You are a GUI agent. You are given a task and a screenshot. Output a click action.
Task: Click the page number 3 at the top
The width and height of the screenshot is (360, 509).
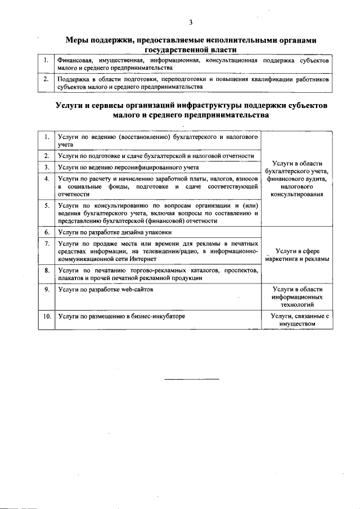pyautogui.click(x=191, y=22)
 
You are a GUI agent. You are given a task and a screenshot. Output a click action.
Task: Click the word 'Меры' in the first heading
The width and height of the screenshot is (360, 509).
pyautogui.click(x=79, y=40)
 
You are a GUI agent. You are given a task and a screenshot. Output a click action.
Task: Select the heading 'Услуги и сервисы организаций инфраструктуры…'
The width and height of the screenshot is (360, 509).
pyautogui.click(x=191, y=110)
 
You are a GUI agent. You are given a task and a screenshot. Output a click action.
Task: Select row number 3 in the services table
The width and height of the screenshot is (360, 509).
pyautogui.click(x=46, y=167)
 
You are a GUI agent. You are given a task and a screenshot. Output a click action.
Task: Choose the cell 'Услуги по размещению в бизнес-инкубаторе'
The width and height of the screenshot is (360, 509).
pyautogui.click(x=121, y=316)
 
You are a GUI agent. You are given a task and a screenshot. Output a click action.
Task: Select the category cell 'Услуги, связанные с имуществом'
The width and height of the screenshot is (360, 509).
pyautogui.click(x=296, y=320)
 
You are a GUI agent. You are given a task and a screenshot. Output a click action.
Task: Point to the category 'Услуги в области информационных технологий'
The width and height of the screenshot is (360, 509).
pyautogui.click(x=296, y=295)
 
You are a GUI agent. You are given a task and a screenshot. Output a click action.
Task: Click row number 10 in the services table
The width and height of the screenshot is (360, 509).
pyautogui.click(x=46, y=316)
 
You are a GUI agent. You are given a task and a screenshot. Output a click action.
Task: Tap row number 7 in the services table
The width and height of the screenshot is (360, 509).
pyautogui.click(x=46, y=243)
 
